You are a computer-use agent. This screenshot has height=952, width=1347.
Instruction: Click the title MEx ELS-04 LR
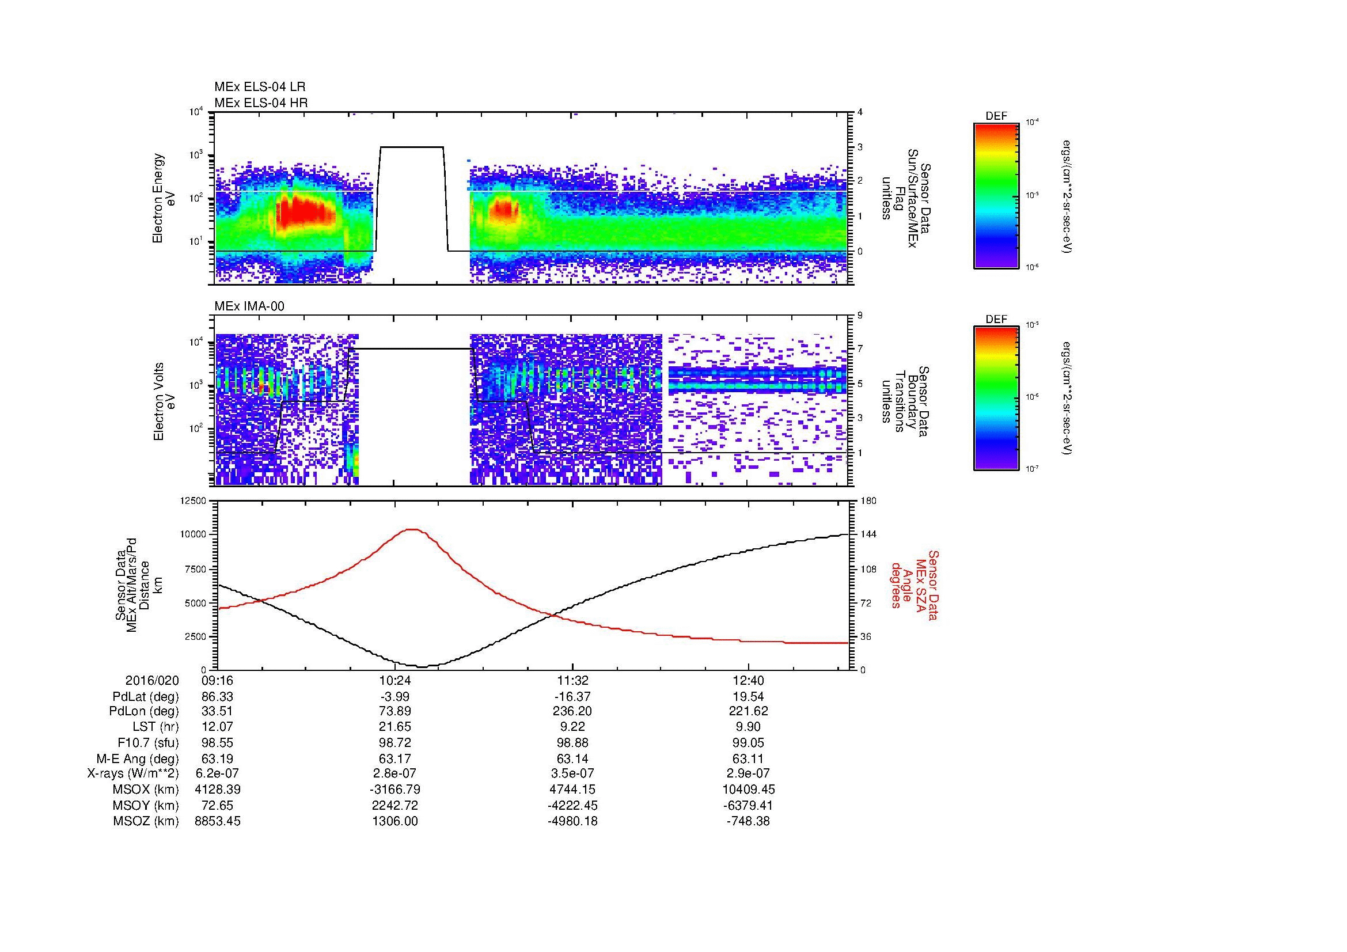pos(259,87)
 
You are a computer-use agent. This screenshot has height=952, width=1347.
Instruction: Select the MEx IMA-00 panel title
pos(249,306)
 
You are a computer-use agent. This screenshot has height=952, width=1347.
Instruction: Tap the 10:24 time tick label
pos(395,680)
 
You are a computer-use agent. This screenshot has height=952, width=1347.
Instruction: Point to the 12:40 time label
pos(748,680)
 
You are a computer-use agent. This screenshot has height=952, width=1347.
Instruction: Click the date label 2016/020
pos(152,680)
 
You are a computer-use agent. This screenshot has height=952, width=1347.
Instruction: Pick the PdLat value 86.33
pos(218,696)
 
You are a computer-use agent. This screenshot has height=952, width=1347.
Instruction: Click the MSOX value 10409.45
pos(748,790)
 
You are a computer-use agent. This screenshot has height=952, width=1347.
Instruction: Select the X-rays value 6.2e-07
pos(218,773)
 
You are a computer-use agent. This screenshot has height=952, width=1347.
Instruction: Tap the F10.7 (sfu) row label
pos(148,742)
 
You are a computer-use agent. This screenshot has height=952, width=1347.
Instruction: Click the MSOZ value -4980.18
pos(572,821)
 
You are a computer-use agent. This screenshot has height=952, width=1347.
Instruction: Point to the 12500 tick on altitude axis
pos(193,501)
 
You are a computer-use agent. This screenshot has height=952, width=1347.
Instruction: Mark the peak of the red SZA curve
pos(413,529)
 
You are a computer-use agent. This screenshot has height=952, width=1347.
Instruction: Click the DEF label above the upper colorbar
pos(996,116)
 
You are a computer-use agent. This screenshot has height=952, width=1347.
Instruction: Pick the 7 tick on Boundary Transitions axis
pos(860,349)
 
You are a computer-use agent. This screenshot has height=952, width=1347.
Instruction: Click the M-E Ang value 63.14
pos(572,758)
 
